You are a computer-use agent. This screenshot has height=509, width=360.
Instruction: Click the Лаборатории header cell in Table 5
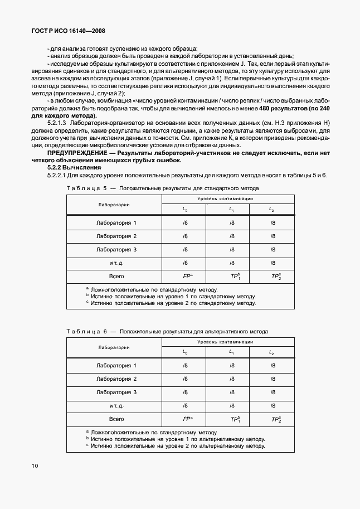[114, 205]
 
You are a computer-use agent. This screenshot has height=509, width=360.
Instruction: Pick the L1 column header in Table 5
[231, 210]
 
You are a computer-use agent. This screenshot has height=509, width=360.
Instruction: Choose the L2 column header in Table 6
[272, 352]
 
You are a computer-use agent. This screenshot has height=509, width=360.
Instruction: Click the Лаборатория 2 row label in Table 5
[116, 236]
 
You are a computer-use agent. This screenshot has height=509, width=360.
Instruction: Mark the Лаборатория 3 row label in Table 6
[116, 392]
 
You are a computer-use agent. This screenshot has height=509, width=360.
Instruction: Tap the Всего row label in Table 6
[116, 419]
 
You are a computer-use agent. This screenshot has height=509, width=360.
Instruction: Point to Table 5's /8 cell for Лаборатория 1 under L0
[185, 222]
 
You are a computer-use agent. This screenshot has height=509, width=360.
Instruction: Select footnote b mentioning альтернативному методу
[174, 439]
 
